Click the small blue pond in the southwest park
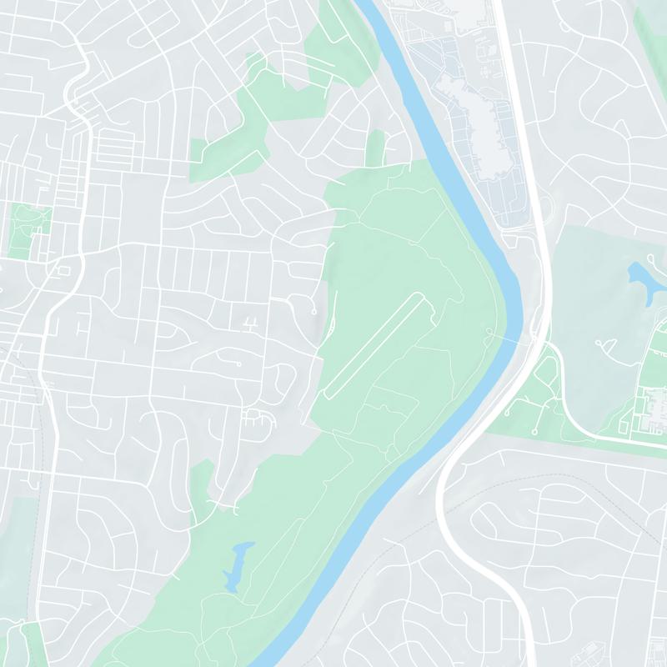pyautogui.click(x=238, y=560)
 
